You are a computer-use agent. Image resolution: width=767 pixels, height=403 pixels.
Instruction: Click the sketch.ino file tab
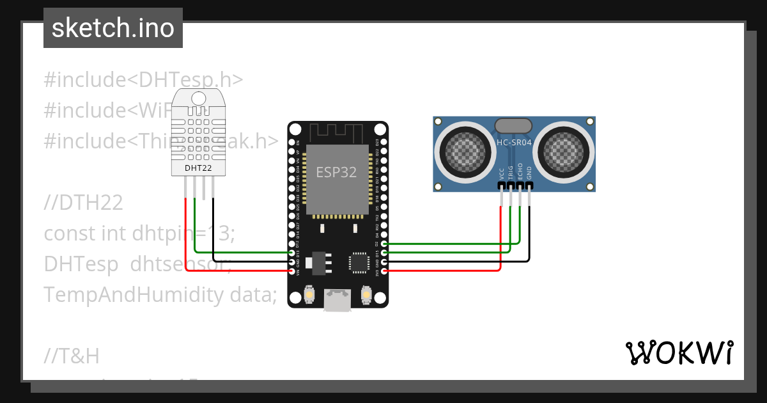[112, 28]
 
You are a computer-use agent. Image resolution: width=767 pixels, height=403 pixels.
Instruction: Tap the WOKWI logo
[679, 352]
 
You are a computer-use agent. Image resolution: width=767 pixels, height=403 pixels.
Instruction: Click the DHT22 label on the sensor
[198, 168]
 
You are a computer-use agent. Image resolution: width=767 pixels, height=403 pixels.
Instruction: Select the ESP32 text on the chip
[336, 172]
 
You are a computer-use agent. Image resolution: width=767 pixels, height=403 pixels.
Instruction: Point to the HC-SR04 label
[514, 142]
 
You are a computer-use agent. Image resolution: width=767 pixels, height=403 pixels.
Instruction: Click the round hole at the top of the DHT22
[199, 99]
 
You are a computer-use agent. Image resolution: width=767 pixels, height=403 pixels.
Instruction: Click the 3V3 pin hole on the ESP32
[383, 271]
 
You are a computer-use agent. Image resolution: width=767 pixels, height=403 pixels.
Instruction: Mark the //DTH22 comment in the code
[83, 203]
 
